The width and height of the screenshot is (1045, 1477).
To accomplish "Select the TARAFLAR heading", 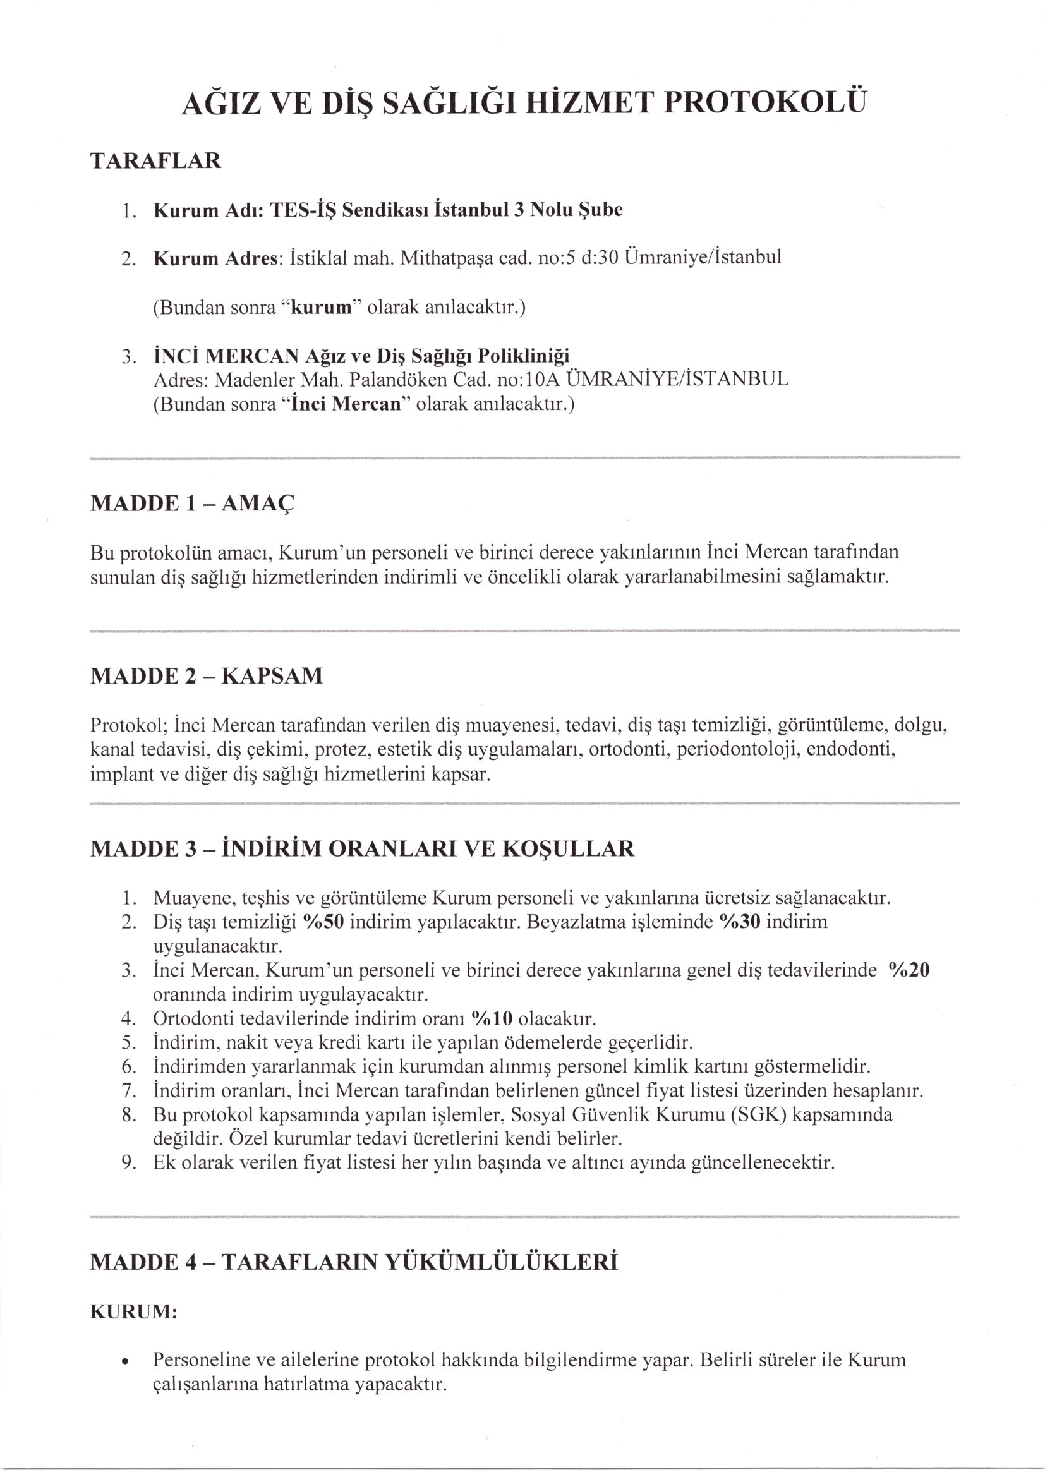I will pyautogui.click(x=155, y=161).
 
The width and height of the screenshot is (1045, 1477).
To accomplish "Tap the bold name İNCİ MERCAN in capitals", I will pyautogui.click(x=226, y=355).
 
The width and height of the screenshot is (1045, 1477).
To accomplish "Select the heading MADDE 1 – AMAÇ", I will pyautogui.click(x=193, y=503).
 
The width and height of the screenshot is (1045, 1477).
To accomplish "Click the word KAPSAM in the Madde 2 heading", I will pyautogui.click(x=272, y=676).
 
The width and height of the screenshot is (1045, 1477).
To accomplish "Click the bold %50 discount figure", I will pyautogui.click(x=323, y=922).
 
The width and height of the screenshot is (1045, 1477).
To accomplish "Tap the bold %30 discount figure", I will pyautogui.click(x=740, y=922).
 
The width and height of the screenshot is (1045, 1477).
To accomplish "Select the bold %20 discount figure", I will pyautogui.click(x=909, y=970).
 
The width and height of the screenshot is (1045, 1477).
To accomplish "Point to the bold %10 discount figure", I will pyautogui.click(x=492, y=1018).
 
